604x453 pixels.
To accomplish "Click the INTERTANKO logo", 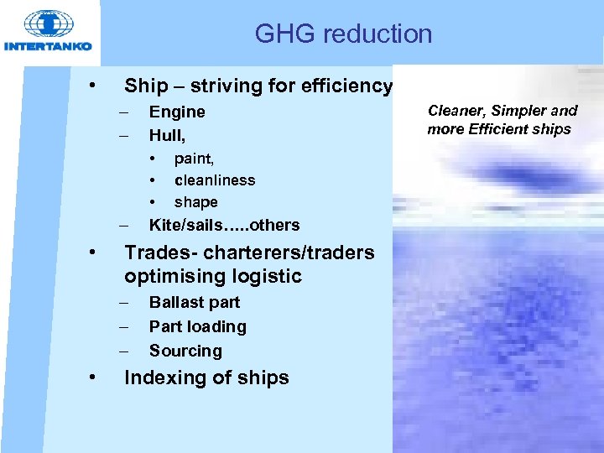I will [x=48, y=32].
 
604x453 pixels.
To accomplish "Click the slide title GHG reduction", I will [x=343, y=34].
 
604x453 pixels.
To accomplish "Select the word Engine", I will [x=177, y=112].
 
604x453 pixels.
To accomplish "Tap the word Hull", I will [x=166, y=134].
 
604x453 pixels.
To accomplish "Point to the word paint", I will [x=194, y=158].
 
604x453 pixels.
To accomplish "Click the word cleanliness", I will [x=215, y=180].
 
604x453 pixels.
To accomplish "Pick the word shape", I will [x=195, y=202].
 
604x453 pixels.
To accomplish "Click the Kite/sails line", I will [x=224, y=225].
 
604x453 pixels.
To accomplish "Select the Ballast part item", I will [x=194, y=303].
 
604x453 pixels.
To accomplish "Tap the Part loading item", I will [x=197, y=327].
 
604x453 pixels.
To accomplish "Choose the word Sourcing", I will [x=185, y=351].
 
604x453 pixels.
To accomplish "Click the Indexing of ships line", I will [x=206, y=378].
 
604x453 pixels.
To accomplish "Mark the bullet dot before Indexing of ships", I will [x=97, y=378].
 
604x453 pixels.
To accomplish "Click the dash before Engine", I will [x=124, y=112].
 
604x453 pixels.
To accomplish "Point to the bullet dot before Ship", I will [x=97, y=86].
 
